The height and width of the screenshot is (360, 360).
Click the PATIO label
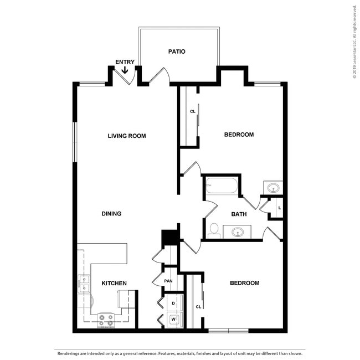[x=177, y=52]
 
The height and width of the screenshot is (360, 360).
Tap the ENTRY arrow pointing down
[x=125, y=70]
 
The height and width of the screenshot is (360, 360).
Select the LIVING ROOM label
[x=127, y=136]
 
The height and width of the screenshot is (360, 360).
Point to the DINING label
[x=111, y=214]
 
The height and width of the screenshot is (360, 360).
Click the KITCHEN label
[x=114, y=284]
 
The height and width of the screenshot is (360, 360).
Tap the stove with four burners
[x=106, y=319]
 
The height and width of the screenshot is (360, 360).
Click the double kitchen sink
[x=84, y=284]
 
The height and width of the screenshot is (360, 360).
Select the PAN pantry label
[x=168, y=281]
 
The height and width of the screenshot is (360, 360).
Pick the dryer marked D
[x=173, y=304]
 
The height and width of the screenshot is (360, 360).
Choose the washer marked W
[x=173, y=319]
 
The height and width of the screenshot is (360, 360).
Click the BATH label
[x=239, y=214]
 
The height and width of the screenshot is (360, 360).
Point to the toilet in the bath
[x=214, y=230]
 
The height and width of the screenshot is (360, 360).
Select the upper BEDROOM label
[x=239, y=135]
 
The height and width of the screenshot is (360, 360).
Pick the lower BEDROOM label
[x=244, y=283]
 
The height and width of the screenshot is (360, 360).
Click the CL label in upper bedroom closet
[x=193, y=111]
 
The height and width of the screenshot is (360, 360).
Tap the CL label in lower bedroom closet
[x=198, y=306]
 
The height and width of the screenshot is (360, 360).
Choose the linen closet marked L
[x=279, y=208]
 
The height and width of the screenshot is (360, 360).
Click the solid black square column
[x=169, y=237]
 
